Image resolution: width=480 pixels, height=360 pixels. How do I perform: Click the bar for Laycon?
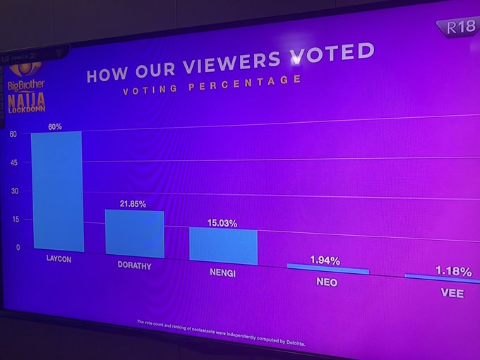coord(56,191)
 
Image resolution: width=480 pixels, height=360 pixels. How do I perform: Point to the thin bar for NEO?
coord(328,270)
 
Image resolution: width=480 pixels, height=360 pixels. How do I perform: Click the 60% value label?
coord(55,127)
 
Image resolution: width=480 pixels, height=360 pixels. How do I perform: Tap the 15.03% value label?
coord(222,223)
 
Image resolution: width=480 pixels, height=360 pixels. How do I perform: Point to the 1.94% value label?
coord(325,260)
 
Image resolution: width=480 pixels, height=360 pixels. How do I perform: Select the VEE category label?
coord(452,292)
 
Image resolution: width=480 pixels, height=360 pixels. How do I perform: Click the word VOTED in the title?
coord(331,54)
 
